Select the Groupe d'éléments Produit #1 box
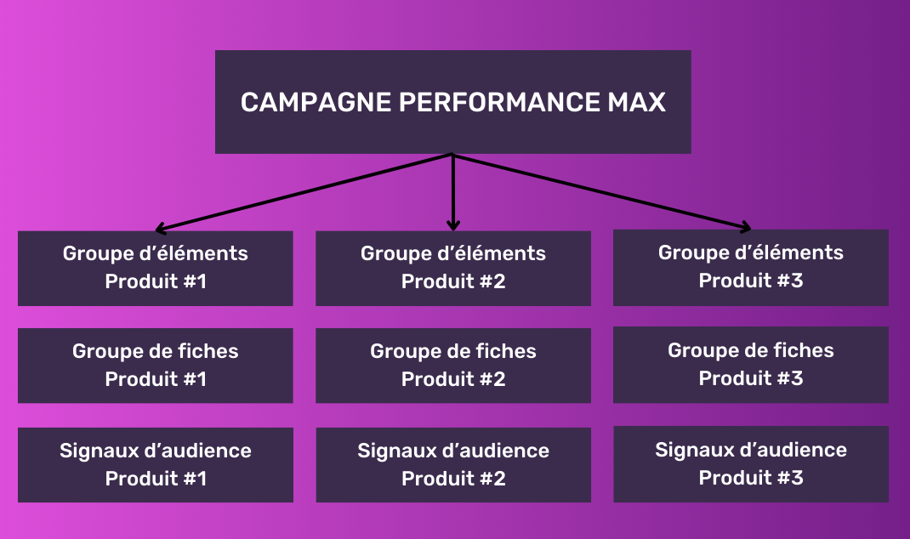[156, 268]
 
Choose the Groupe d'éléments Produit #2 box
[453, 268]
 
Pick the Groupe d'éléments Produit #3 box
[751, 267]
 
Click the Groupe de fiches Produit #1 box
[156, 366]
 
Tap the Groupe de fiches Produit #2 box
[453, 366]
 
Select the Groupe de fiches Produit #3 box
[751, 365]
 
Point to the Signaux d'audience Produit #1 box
[156, 464]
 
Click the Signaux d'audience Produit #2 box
[453, 464]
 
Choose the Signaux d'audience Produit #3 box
[751, 463]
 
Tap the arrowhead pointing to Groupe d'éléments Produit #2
[453, 225]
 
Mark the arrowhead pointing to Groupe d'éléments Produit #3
[746, 227]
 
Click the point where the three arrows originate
[452, 155]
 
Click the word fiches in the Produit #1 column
[208, 351]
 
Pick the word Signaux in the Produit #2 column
[394, 451]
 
